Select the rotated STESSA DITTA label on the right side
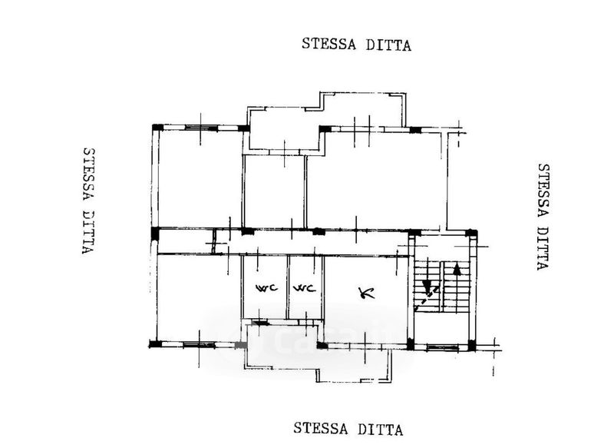point(543,216)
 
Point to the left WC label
point(265,289)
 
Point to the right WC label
point(305,289)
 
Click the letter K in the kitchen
point(365,292)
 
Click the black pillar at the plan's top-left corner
point(157,128)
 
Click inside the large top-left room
point(200,178)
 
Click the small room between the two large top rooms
point(275,192)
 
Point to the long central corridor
point(307,243)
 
